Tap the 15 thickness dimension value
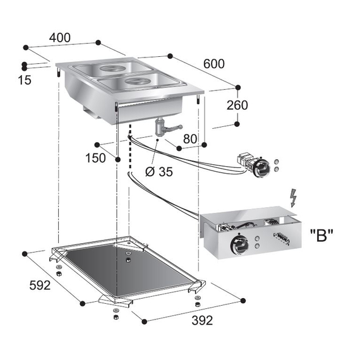click(24, 80)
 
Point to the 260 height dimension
click(237, 105)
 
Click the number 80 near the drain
click(189, 138)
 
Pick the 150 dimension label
click(95, 158)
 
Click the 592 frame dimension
click(39, 285)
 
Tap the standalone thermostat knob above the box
click(258, 167)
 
